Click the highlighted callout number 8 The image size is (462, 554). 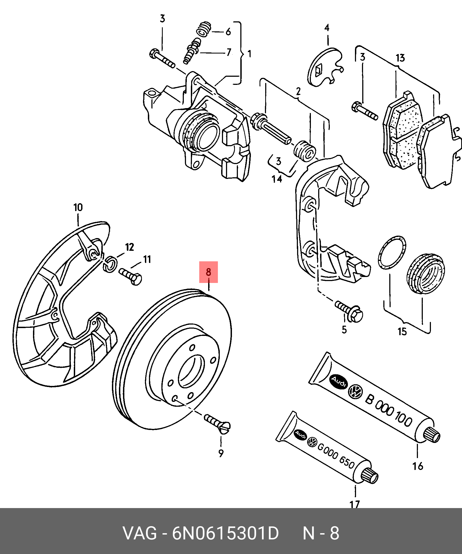[x=208, y=272]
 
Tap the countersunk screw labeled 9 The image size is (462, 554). [x=217, y=423]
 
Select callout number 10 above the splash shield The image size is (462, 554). [x=78, y=208]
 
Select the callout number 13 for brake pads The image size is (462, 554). [x=400, y=58]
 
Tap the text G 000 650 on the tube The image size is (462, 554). [x=336, y=456]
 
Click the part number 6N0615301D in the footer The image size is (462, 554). [x=225, y=533]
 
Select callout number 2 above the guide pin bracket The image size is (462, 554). [x=298, y=91]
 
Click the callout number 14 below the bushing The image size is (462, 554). [x=277, y=179]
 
